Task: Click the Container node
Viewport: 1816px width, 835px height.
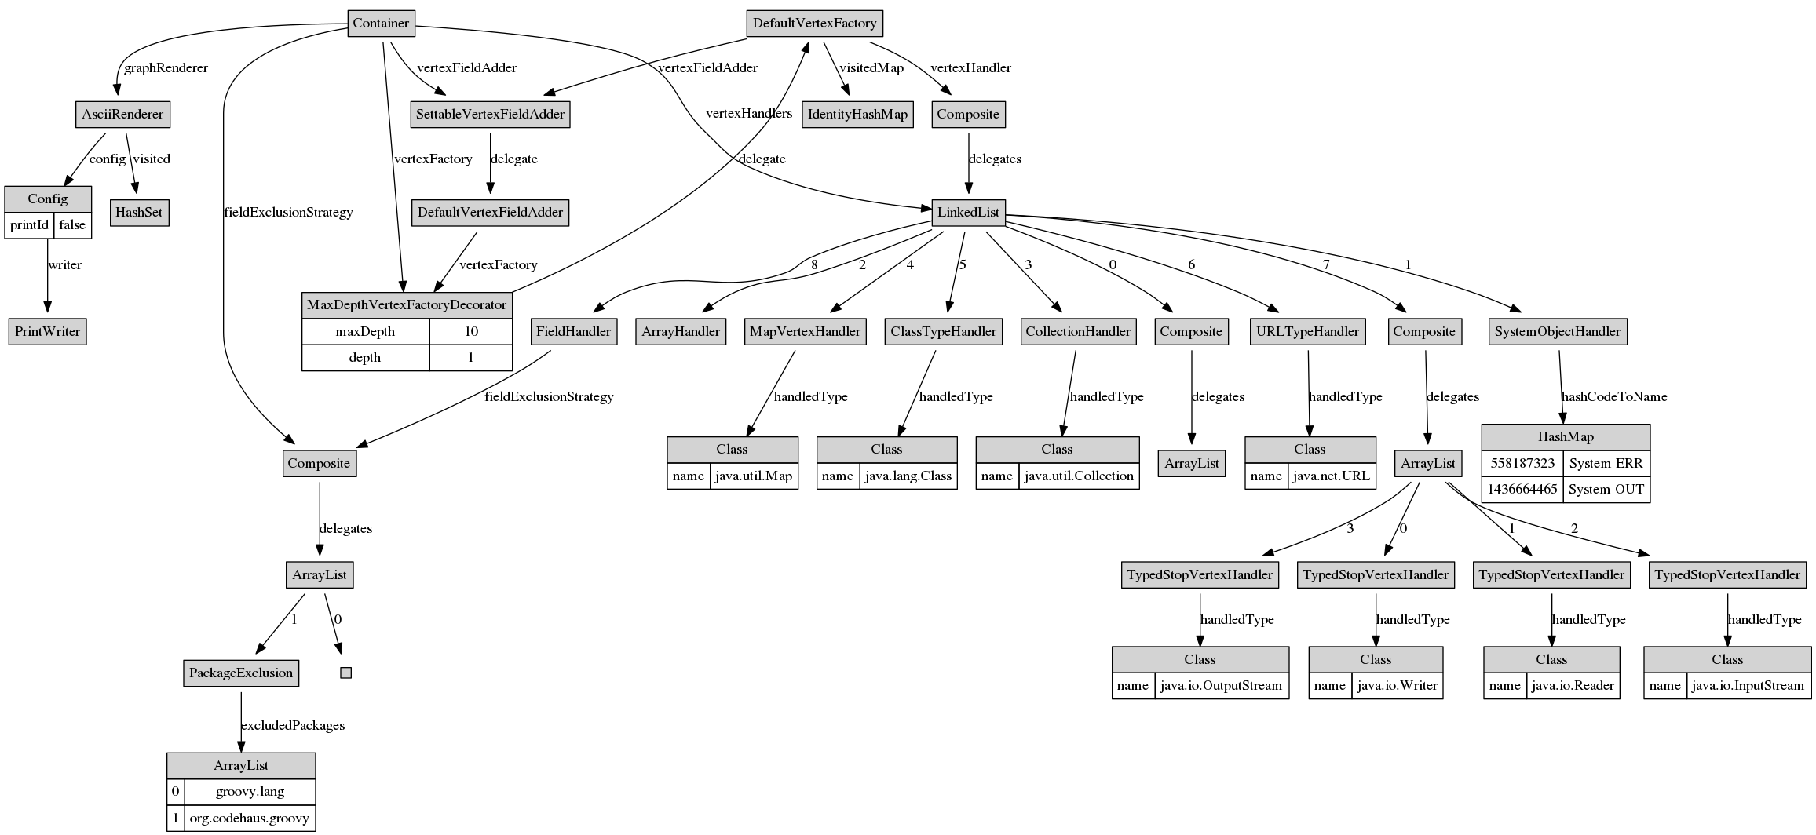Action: click(381, 23)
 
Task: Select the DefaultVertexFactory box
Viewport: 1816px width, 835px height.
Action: click(814, 23)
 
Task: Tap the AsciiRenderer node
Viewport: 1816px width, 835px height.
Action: click(122, 114)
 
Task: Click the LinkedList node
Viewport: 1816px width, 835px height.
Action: click(968, 212)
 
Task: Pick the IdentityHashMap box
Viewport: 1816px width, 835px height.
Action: click(857, 114)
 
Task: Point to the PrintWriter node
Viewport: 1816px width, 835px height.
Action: click(47, 331)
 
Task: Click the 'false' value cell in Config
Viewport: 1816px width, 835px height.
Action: click(72, 225)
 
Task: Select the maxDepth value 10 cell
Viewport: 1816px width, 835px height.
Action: click(471, 331)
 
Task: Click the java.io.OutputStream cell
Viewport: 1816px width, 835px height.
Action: click(1221, 685)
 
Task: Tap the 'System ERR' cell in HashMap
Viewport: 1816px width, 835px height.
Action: click(1606, 463)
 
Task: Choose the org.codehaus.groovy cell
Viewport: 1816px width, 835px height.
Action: click(250, 819)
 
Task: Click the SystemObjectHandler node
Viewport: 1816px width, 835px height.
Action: click(1557, 331)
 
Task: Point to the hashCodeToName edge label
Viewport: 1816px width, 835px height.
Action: click(1613, 396)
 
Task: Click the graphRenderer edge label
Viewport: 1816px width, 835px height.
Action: click(166, 67)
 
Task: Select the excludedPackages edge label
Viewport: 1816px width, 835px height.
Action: click(292, 725)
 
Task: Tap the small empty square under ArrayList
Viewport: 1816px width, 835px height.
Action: click(345, 673)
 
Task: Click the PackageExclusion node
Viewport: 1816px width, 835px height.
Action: click(241, 673)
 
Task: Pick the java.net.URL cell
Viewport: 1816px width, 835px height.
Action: click(1332, 476)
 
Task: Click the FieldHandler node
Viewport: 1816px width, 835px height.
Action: click(573, 331)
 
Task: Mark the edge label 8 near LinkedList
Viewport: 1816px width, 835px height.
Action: click(814, 264)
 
